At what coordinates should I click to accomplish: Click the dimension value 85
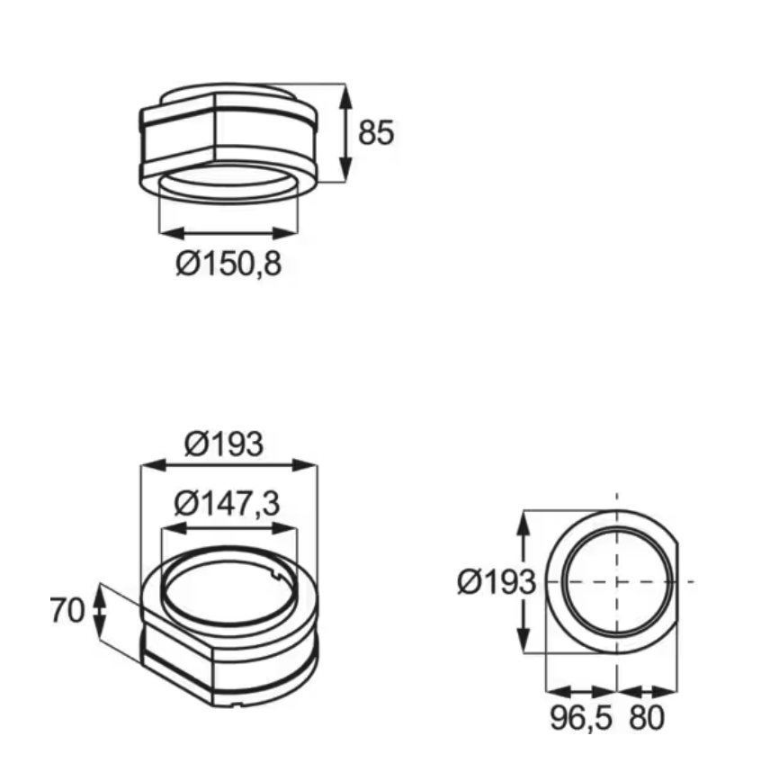[376, 133]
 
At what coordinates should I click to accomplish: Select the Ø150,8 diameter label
[228, 265]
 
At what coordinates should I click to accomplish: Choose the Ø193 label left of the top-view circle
[496, 582]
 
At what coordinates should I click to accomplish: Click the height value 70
[67, 610]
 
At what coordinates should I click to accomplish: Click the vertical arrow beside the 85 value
[345, 133]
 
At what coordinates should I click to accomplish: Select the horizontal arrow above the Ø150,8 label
[228, 232]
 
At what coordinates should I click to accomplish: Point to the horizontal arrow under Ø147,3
[227, 529]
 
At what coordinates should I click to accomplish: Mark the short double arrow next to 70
[100, 610]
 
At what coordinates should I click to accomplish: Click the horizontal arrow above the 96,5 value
[582, 692]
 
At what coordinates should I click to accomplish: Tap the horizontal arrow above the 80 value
[647, 692]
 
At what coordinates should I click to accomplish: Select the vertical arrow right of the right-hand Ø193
[525, 582]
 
